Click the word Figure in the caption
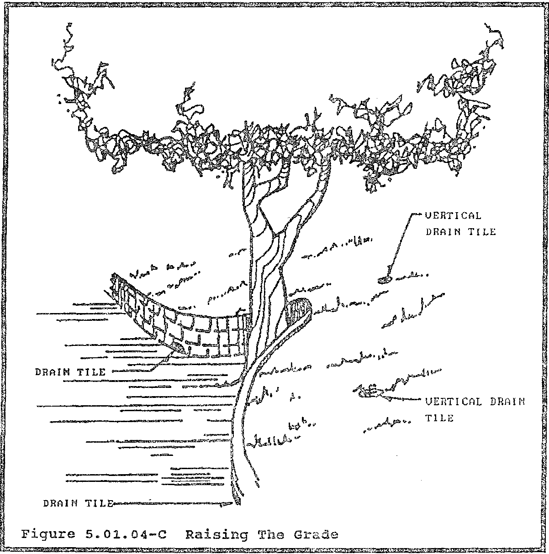pos(44,533)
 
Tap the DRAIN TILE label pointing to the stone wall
pos(70,372)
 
